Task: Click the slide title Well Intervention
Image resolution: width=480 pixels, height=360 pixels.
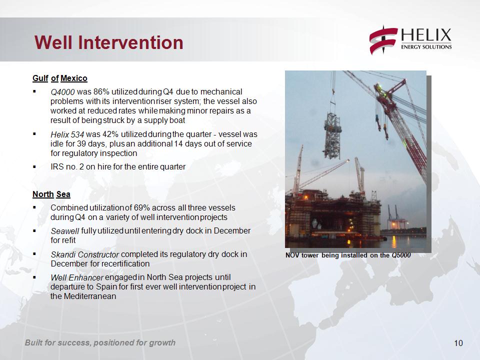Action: pos(108,42)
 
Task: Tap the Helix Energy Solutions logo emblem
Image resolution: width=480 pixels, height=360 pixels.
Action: pos(383,40)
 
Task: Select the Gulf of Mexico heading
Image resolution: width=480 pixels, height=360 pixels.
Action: pos(60,78)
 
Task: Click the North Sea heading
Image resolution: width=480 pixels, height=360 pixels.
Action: pos(51,194)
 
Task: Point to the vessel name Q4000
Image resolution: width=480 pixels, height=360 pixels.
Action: pos(62,92)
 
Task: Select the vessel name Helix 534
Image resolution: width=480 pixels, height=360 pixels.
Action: pos(67,134)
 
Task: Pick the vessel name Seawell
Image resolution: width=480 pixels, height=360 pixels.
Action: pos(65,231)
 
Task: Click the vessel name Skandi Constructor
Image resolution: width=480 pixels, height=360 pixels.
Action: pos(85,254)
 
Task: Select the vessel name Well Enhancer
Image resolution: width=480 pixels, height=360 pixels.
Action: pos(77,277)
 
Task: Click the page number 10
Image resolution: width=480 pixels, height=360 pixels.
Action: pos(458,343)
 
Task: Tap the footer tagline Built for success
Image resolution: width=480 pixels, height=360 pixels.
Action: pos(100,342)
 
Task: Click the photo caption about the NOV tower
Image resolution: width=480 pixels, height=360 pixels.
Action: pos(348,255)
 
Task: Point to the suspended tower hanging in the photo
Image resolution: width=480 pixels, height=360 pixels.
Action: pos(332,134)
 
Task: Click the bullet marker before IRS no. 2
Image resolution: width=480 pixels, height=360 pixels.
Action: pos(34,167)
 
